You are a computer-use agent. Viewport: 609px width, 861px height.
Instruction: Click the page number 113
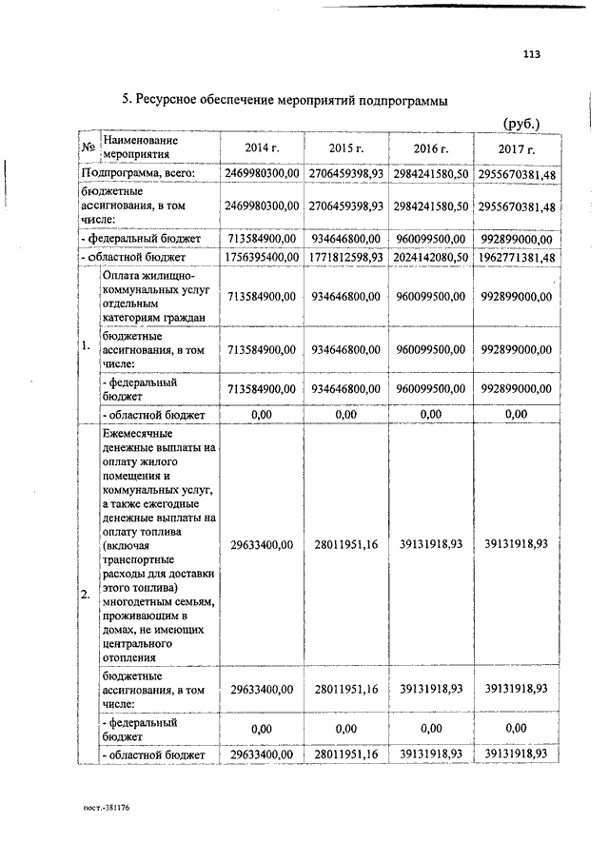[x=531, y=54]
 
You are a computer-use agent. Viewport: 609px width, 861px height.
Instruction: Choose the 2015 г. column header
[x=346, y=148]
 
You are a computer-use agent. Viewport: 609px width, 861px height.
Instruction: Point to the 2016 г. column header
[x=432, y=149]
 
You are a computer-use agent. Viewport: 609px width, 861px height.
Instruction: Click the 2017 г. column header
[x=517, y=150]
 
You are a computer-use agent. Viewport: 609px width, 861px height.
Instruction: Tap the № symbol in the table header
[x=87, y=147]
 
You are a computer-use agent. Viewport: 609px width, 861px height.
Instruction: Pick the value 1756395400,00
[x=263, y=257]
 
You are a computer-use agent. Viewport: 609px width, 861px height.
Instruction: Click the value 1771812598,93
[x=346, y=257]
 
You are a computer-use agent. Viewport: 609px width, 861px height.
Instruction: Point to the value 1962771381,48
[x=516, y=257]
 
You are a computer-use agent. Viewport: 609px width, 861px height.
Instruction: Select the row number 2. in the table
[x=86, y=595]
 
